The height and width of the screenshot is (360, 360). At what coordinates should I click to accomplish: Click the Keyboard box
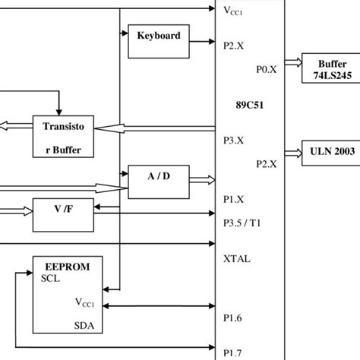(159, 36)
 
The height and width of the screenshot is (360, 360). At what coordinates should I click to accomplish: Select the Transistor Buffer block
(68, 137)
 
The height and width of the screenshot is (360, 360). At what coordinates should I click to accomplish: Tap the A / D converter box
(159, 176)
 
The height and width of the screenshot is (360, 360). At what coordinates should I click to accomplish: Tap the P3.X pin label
(234, 140)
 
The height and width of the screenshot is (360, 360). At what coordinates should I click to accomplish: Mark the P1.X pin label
(234, 199)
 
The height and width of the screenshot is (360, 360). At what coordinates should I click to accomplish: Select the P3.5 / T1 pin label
(242, 223)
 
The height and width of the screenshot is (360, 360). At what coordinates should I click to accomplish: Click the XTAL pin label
(237, 258)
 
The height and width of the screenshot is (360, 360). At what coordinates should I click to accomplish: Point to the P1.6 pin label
(234, 320)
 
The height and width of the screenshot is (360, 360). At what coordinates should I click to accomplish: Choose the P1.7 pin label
(234, 352)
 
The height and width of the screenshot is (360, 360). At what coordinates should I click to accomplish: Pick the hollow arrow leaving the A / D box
(201, 180)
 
